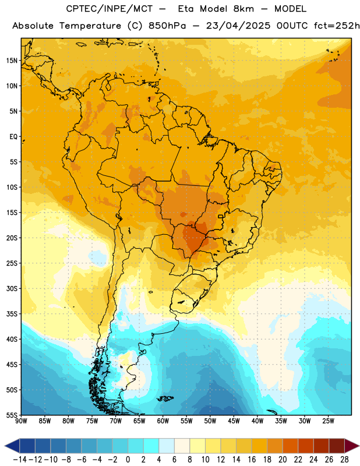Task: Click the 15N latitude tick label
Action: (x=12, y=61)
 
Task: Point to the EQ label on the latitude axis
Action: (x=13, y=137)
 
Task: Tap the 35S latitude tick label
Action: (x=12, y=314)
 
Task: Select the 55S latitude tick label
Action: (x=12, y=415)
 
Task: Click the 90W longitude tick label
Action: (x=21, y=421)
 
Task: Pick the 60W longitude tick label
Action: (x=163, y=421)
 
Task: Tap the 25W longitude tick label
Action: (x=328, y=421)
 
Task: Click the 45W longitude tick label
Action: (x=234, y=421)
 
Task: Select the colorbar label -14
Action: (x=20, y=460)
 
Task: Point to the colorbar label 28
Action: (x=344, y=460)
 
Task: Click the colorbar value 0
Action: (x=128, y=460)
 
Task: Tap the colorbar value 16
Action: (x=252, y=460)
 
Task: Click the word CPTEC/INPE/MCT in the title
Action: (x=110, y=9)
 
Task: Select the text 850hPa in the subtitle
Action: (x=167, y=26)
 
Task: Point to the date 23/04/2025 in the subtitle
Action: (x=238, y=26)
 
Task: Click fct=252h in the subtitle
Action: (x=337, y=26)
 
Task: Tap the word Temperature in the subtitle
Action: (x=90, y=26)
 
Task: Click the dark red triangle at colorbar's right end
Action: (x=352, y=446)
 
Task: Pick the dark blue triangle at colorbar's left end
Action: (x=12, y=446)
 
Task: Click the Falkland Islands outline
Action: (x=165, y=398)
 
